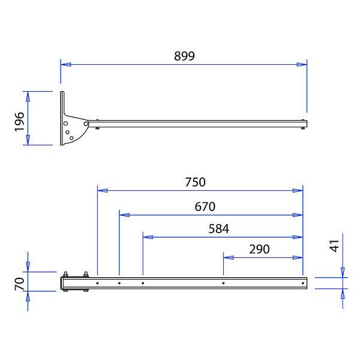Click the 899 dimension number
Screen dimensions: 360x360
184,56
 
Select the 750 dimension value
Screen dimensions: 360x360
196,182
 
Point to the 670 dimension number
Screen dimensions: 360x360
205,206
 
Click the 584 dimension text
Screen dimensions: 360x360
219,229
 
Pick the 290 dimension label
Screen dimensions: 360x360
259,250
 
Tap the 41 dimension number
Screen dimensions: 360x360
334,245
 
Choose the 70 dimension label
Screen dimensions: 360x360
20,284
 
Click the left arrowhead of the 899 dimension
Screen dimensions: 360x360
66,65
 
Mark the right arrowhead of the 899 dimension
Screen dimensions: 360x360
302,65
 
